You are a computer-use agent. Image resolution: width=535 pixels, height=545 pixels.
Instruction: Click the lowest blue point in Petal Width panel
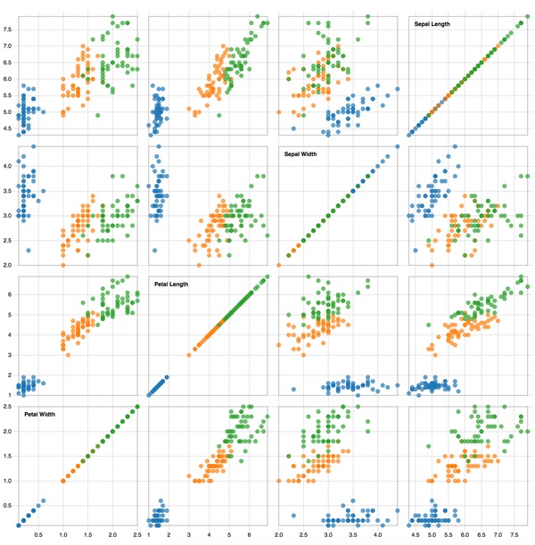click(x=19, y=524)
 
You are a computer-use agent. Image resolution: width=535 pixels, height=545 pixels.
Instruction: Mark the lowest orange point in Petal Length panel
click(x=189, y=355)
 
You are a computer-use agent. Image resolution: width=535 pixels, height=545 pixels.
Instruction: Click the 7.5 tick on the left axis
click(x=8, y=29)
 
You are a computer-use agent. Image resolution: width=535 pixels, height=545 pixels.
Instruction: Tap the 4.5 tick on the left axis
click(x=8, y=129)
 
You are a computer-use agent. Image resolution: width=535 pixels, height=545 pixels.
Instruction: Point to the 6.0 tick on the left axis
click(x=8, y=79)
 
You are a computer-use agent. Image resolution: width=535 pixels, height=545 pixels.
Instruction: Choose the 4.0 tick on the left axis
click(x=8, y=166)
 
